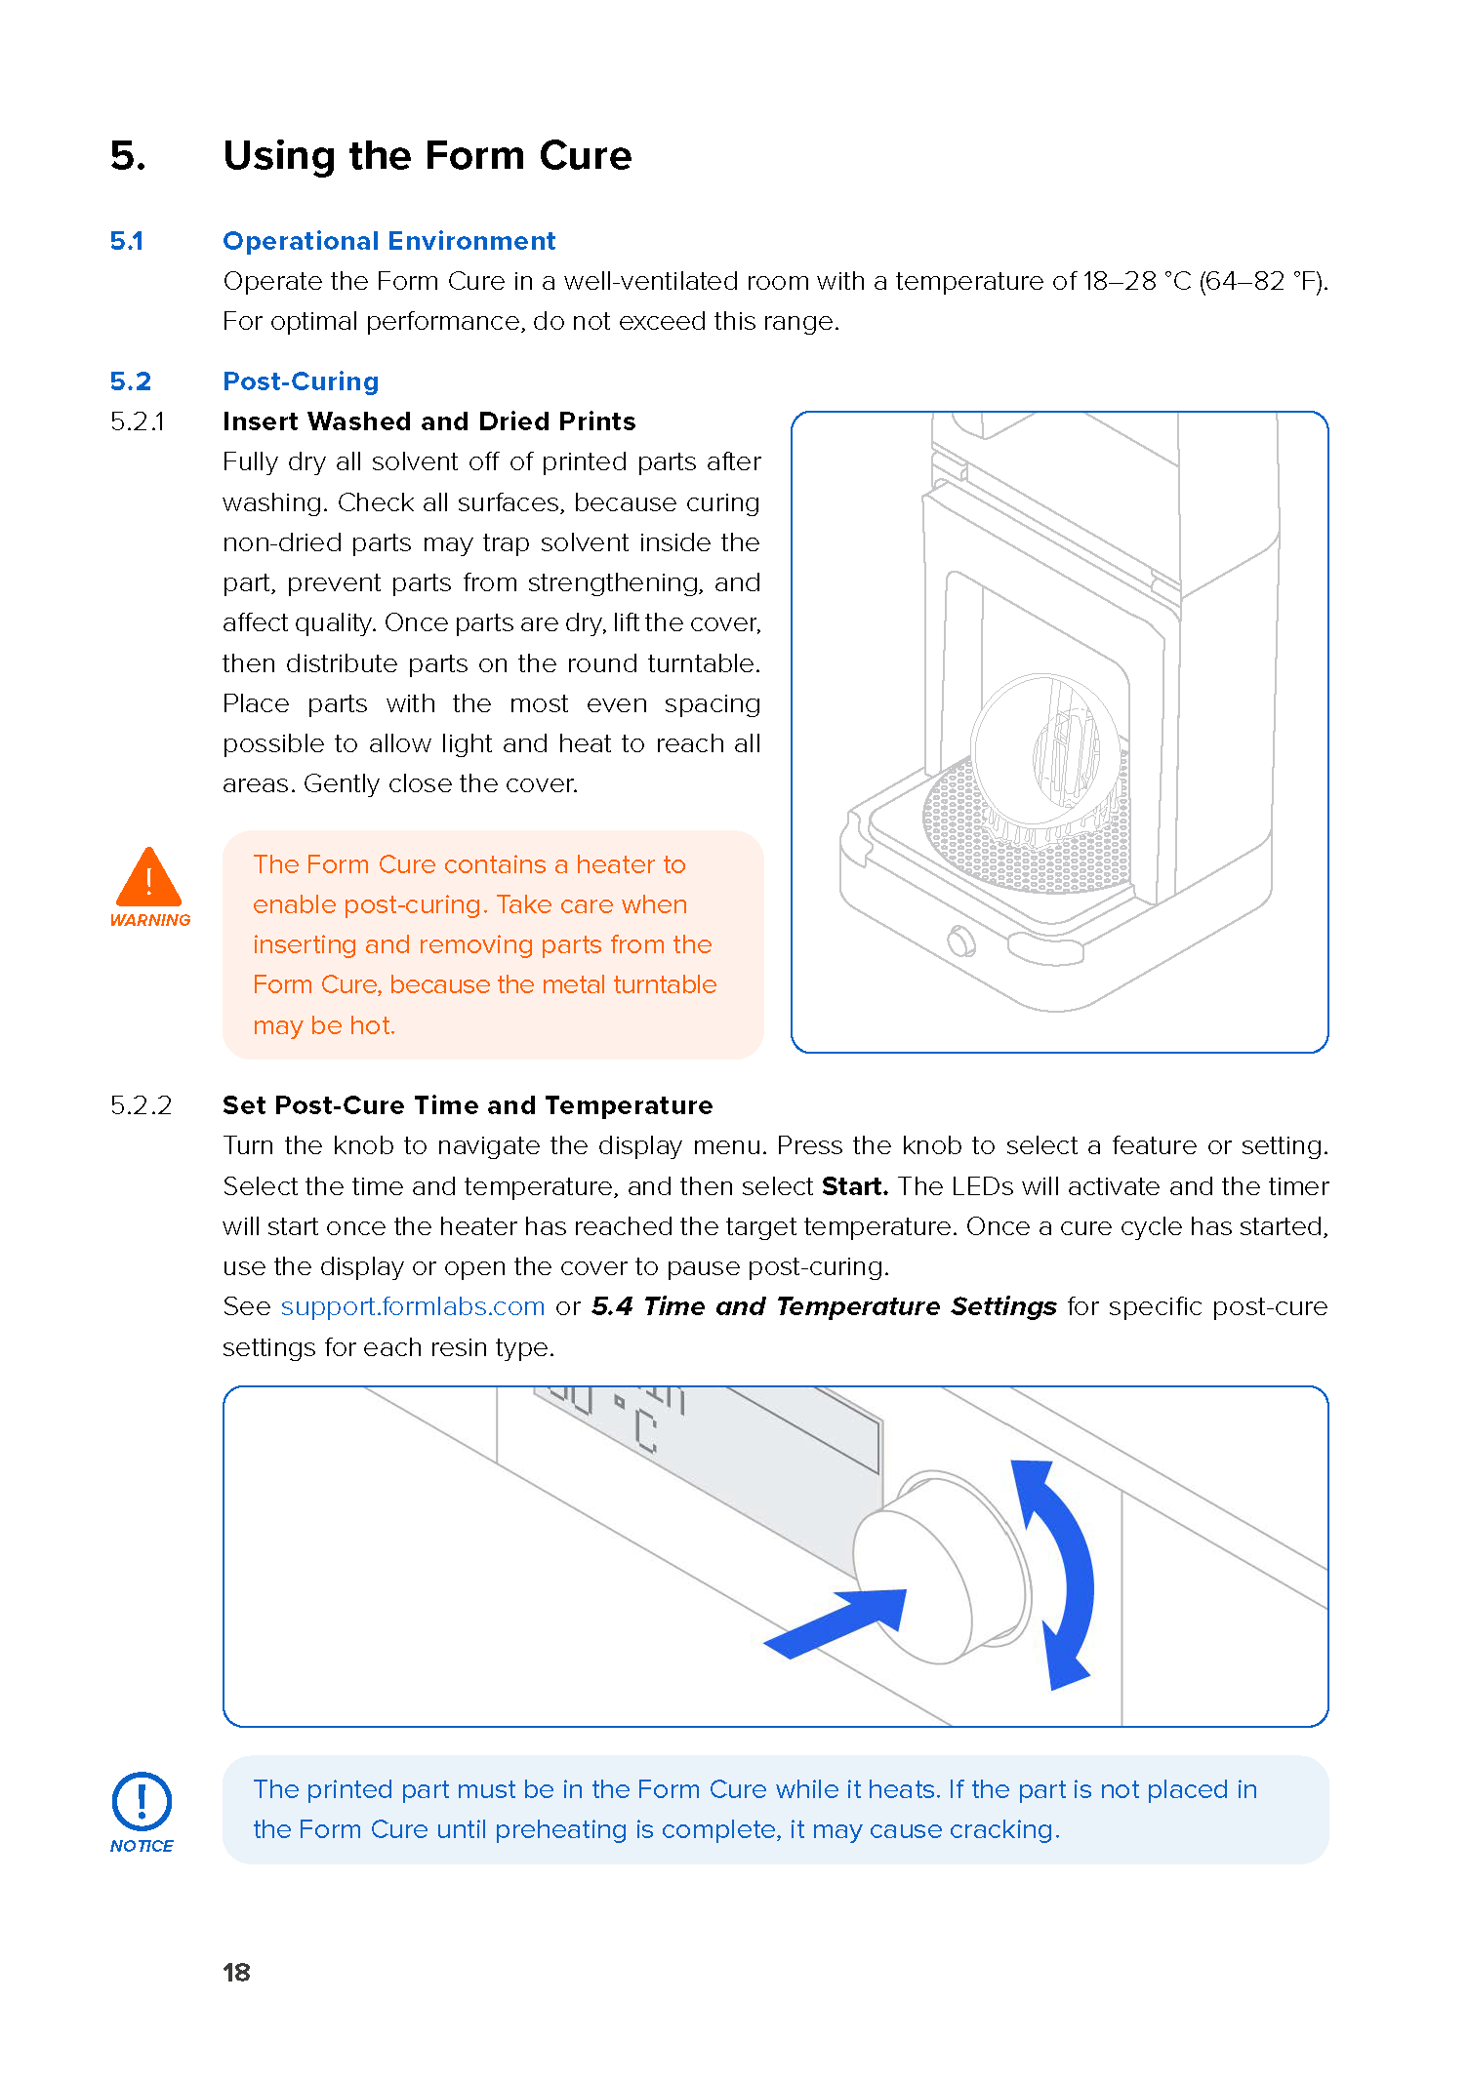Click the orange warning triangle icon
[148, 878]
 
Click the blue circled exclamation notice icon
[143, 1801]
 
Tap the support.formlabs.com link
[413, 1306]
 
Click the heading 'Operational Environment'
[388, 241]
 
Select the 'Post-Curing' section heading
[301, 381]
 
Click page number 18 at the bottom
[236, 1972]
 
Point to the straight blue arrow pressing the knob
[839, 1623]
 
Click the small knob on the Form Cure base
[960, 941]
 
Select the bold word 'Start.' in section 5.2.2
[854, 1186]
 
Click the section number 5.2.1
[138, 421]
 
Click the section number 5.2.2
[141, 1105]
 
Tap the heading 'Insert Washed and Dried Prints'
[428, 421]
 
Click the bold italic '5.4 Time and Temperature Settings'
[824, 1306]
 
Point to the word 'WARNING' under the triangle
[150, 920]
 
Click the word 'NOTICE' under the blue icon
[142, 1846]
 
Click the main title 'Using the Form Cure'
[428, 156]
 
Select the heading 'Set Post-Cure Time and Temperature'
[468, 1105]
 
